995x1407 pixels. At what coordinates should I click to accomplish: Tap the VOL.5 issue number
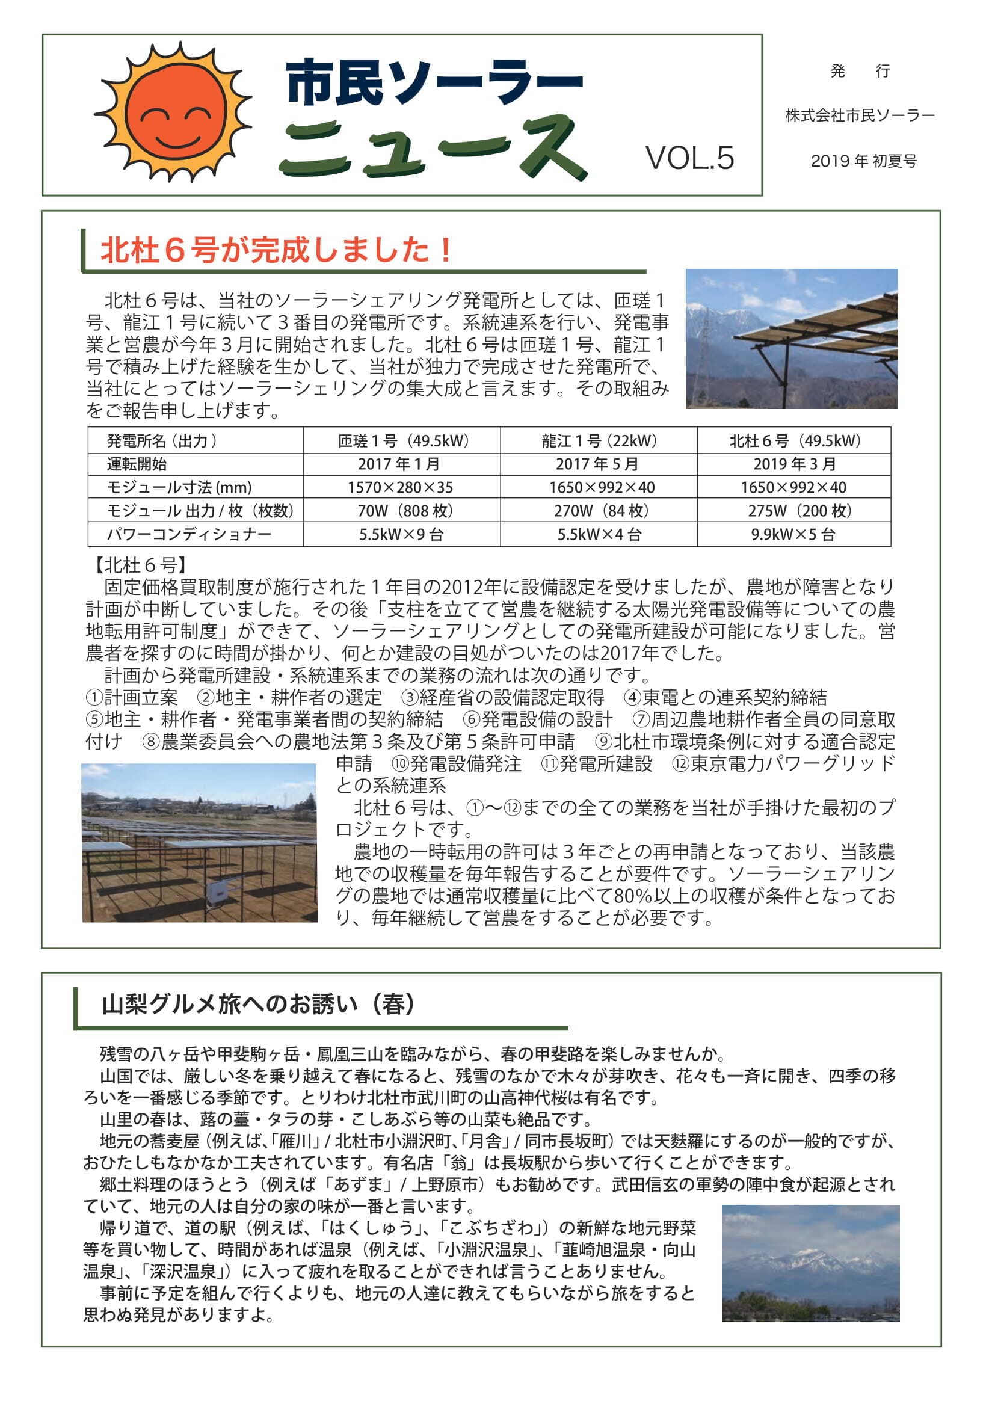tap(689, 158)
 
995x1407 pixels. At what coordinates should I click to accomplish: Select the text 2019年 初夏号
tap(863, 161)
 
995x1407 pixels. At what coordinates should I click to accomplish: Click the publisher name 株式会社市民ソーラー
tap(860, 115)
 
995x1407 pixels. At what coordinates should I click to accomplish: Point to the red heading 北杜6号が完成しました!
tap(277, 250)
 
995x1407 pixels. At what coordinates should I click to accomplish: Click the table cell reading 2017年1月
tap(401, 464)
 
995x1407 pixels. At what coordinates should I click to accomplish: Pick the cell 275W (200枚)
tap(793, 511)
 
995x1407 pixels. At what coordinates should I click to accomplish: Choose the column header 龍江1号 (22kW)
tap(598, 440)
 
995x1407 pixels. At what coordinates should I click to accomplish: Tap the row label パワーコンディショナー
tap(189, 534)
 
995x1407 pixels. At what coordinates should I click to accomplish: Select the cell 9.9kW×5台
tap(793, 534)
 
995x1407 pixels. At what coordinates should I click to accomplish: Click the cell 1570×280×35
tap(401, 487)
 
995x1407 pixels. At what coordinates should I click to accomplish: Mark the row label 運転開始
tap(137, 464)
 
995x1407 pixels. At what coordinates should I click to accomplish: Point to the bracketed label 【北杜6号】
tap(140, 564)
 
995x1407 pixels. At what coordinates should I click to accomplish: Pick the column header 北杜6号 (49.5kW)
tap(795, 440)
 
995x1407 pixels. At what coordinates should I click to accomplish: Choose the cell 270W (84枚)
tap(598, 511)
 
